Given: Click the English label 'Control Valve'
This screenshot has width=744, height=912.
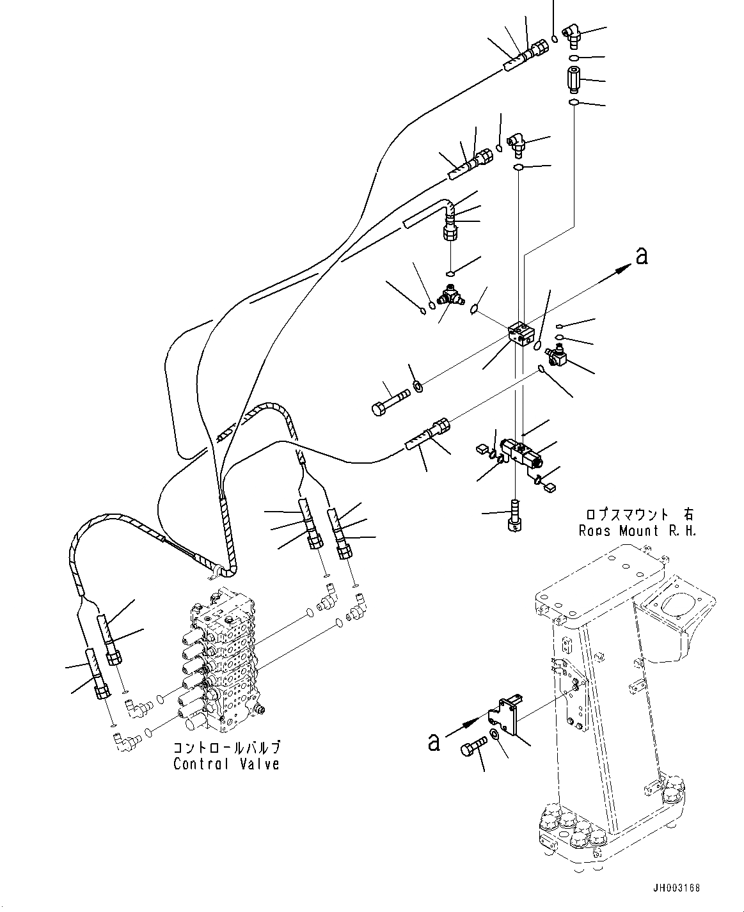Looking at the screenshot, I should pyautogui.click(x=226, y=764).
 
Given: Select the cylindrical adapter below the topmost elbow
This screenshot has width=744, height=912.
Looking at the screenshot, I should pyautogui.click(x=573, y=80).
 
